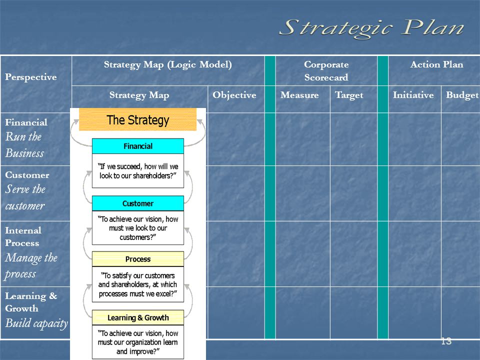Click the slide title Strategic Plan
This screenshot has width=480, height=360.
coord(371,28)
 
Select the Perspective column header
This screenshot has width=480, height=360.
coord(31,77)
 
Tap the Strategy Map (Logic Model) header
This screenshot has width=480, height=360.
coord(168,65)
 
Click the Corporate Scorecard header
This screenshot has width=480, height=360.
coord(326,70)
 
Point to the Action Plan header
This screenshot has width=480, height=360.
coord(437,64)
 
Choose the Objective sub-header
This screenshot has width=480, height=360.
coord(234,95)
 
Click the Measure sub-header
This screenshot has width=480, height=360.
coord(299,95)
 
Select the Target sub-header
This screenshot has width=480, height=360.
coord(349,95)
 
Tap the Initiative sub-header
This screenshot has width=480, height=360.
coord(413,95)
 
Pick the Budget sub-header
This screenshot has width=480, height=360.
coord(462,95)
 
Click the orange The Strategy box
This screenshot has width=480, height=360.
coord(138,119)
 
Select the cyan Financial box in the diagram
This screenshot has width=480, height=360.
coord(138,146)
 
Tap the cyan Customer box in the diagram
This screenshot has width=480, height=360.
coord(138,203)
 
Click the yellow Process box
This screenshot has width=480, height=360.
coord(138,259)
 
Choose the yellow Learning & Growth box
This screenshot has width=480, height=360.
coord(138,317)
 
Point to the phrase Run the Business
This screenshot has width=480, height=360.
coord(24,145)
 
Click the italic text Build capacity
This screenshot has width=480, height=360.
coord(36,323)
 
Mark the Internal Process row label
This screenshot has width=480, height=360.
coord(23,236)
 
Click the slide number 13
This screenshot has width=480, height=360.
coord(446,341)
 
